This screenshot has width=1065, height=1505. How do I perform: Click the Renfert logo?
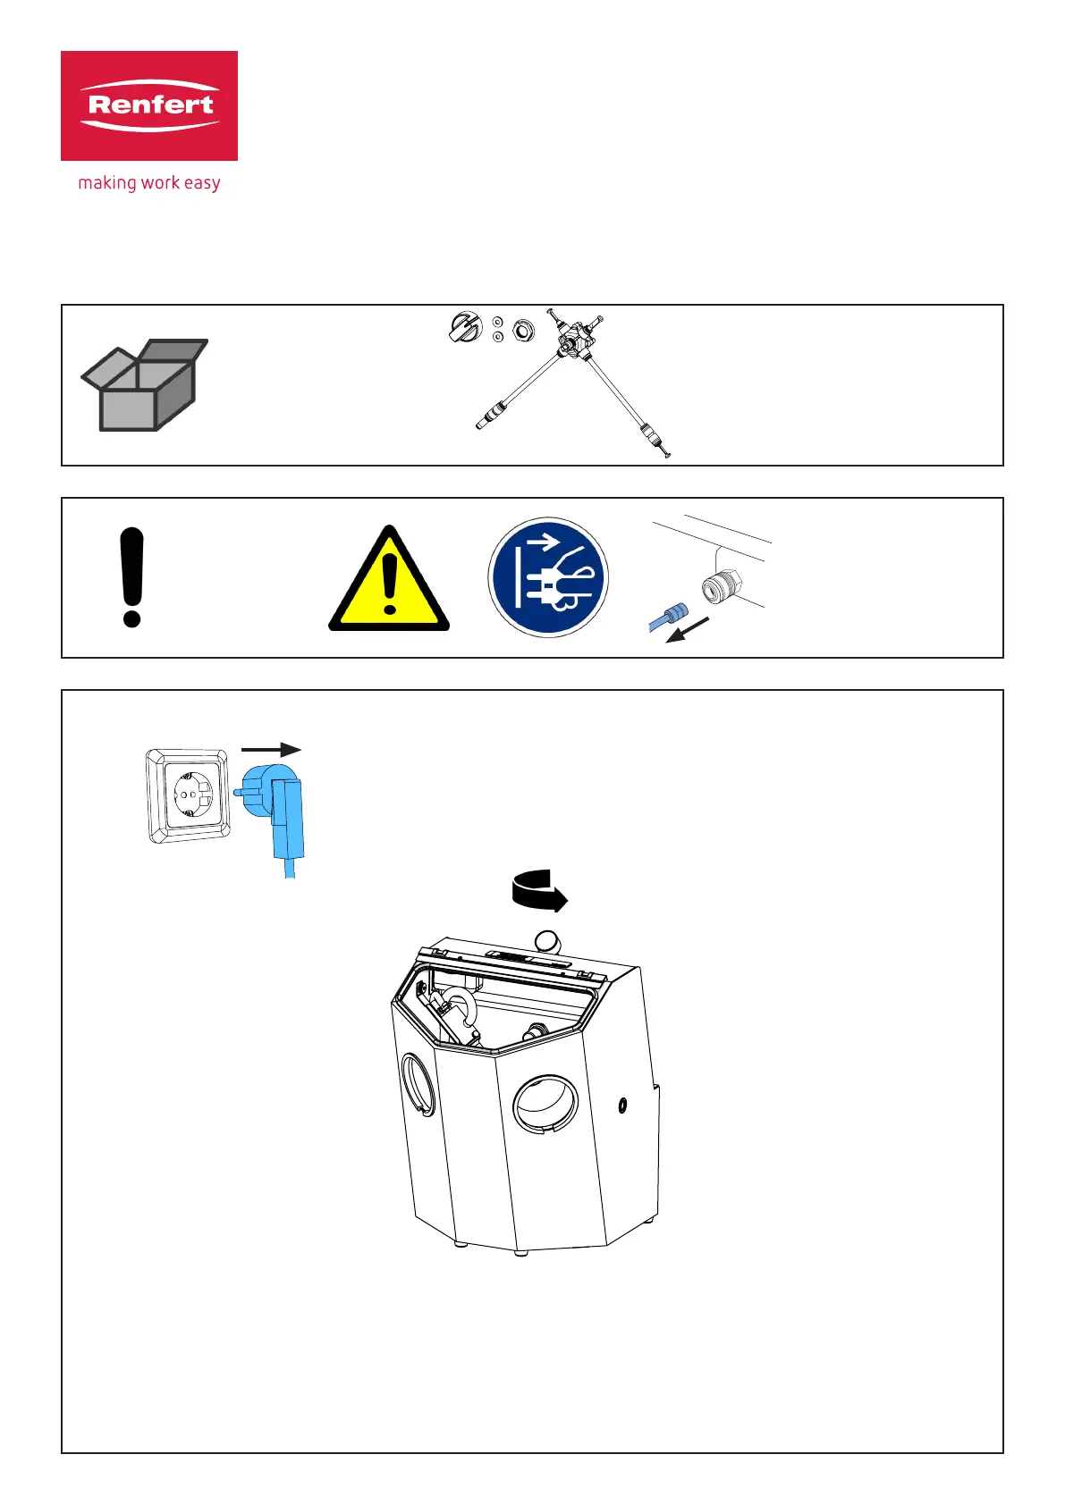tap(149, 105)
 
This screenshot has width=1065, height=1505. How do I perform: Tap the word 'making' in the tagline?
tap(106, 183)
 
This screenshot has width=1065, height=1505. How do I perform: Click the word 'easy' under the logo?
tap(202, 183)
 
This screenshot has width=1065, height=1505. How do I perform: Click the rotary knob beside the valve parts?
tap(465, 328)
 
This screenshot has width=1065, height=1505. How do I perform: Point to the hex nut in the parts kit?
tap(522, 332)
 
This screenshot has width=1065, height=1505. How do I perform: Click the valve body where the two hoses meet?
tap(571, 344)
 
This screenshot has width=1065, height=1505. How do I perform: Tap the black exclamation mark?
tap(131, 577)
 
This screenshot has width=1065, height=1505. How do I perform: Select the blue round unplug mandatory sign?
tap(548, 577)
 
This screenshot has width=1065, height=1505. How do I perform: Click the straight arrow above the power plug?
tap(272, 751)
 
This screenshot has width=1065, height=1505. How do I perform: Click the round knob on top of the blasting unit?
tap(546, 941)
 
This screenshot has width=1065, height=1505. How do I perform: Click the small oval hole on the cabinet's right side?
tap(622, 1106)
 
